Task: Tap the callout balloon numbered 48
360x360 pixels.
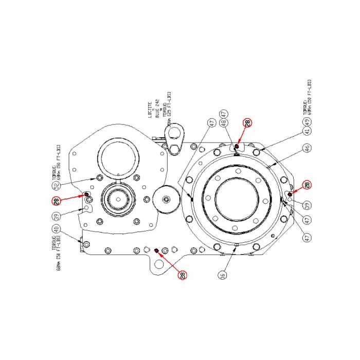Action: [224, 123]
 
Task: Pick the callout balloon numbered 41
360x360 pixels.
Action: [307, 132]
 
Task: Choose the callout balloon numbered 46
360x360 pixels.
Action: [307, 149]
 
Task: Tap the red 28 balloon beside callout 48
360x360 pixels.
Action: [248, 123]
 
